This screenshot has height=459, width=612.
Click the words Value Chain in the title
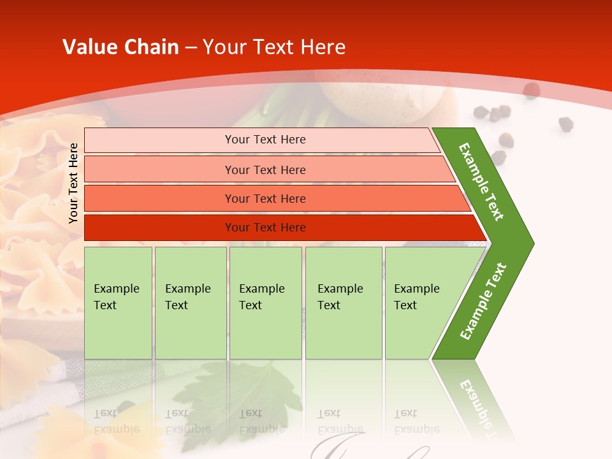120,47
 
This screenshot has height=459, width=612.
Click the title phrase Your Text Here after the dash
274,47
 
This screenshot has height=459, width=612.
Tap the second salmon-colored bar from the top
265,170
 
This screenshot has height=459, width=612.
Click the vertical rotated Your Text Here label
73,183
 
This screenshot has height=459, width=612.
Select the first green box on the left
118,302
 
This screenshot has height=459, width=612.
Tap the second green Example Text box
190,302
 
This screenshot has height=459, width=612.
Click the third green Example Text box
265,302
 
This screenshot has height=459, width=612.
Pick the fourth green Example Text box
343,302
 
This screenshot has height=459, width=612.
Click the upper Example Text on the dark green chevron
481,182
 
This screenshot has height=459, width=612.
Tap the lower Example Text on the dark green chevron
483,301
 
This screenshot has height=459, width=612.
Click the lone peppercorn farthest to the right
565,124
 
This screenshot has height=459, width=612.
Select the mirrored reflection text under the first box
117,421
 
